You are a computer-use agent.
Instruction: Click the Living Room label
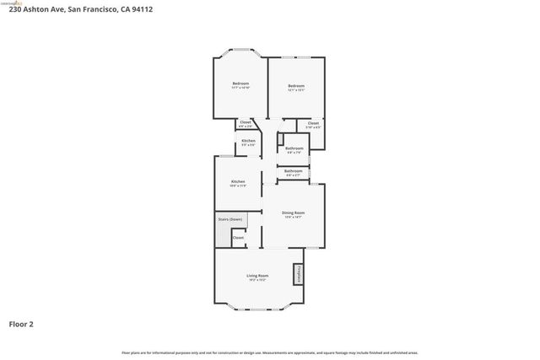click(257, 276)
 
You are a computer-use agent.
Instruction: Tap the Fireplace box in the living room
click(298, 275)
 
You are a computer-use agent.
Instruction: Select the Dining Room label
click(293, 212)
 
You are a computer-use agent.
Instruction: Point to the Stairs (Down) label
click(229, 219)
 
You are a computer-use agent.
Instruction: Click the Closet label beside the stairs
click(239, 238)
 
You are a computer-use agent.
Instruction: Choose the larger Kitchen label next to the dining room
click(239, 181)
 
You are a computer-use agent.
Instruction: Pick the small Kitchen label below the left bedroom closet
click(248, 140)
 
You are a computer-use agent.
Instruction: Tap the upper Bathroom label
click(294, 148)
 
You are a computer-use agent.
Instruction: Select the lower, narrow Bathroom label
click(294, 170)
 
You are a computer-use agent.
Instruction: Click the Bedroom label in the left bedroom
click(240, 83)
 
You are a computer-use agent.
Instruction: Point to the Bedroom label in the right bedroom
click(295, 85)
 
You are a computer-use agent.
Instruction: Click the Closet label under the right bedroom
click(313, 123)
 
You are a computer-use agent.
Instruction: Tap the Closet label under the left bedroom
click(246, 122)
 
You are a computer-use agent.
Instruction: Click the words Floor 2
click(22, 323)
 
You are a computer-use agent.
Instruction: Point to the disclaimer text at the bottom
click(270, 352)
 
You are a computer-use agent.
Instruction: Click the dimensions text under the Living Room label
click(257, 280)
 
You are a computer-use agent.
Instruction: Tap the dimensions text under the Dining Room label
click(293, 218)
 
